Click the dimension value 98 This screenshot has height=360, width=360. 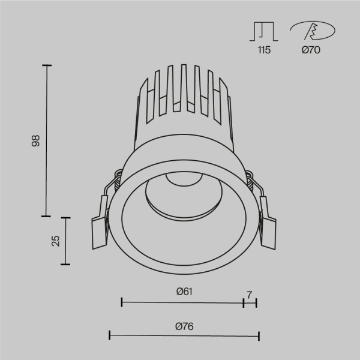(x=35, y=141)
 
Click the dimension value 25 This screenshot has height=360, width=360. (x=56, y=241)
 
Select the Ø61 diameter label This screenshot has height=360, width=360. (x=184, y=292)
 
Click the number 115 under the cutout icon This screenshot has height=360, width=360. (x=264, y=50)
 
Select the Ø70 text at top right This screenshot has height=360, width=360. (x=311, y=50)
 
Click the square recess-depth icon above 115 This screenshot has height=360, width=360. (x=264, y=31)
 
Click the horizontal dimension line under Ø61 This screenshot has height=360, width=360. (x=182, y=302)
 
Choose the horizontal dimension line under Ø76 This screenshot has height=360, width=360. (x=184, y=335)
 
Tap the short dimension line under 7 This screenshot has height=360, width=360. (x=250, y=302)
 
